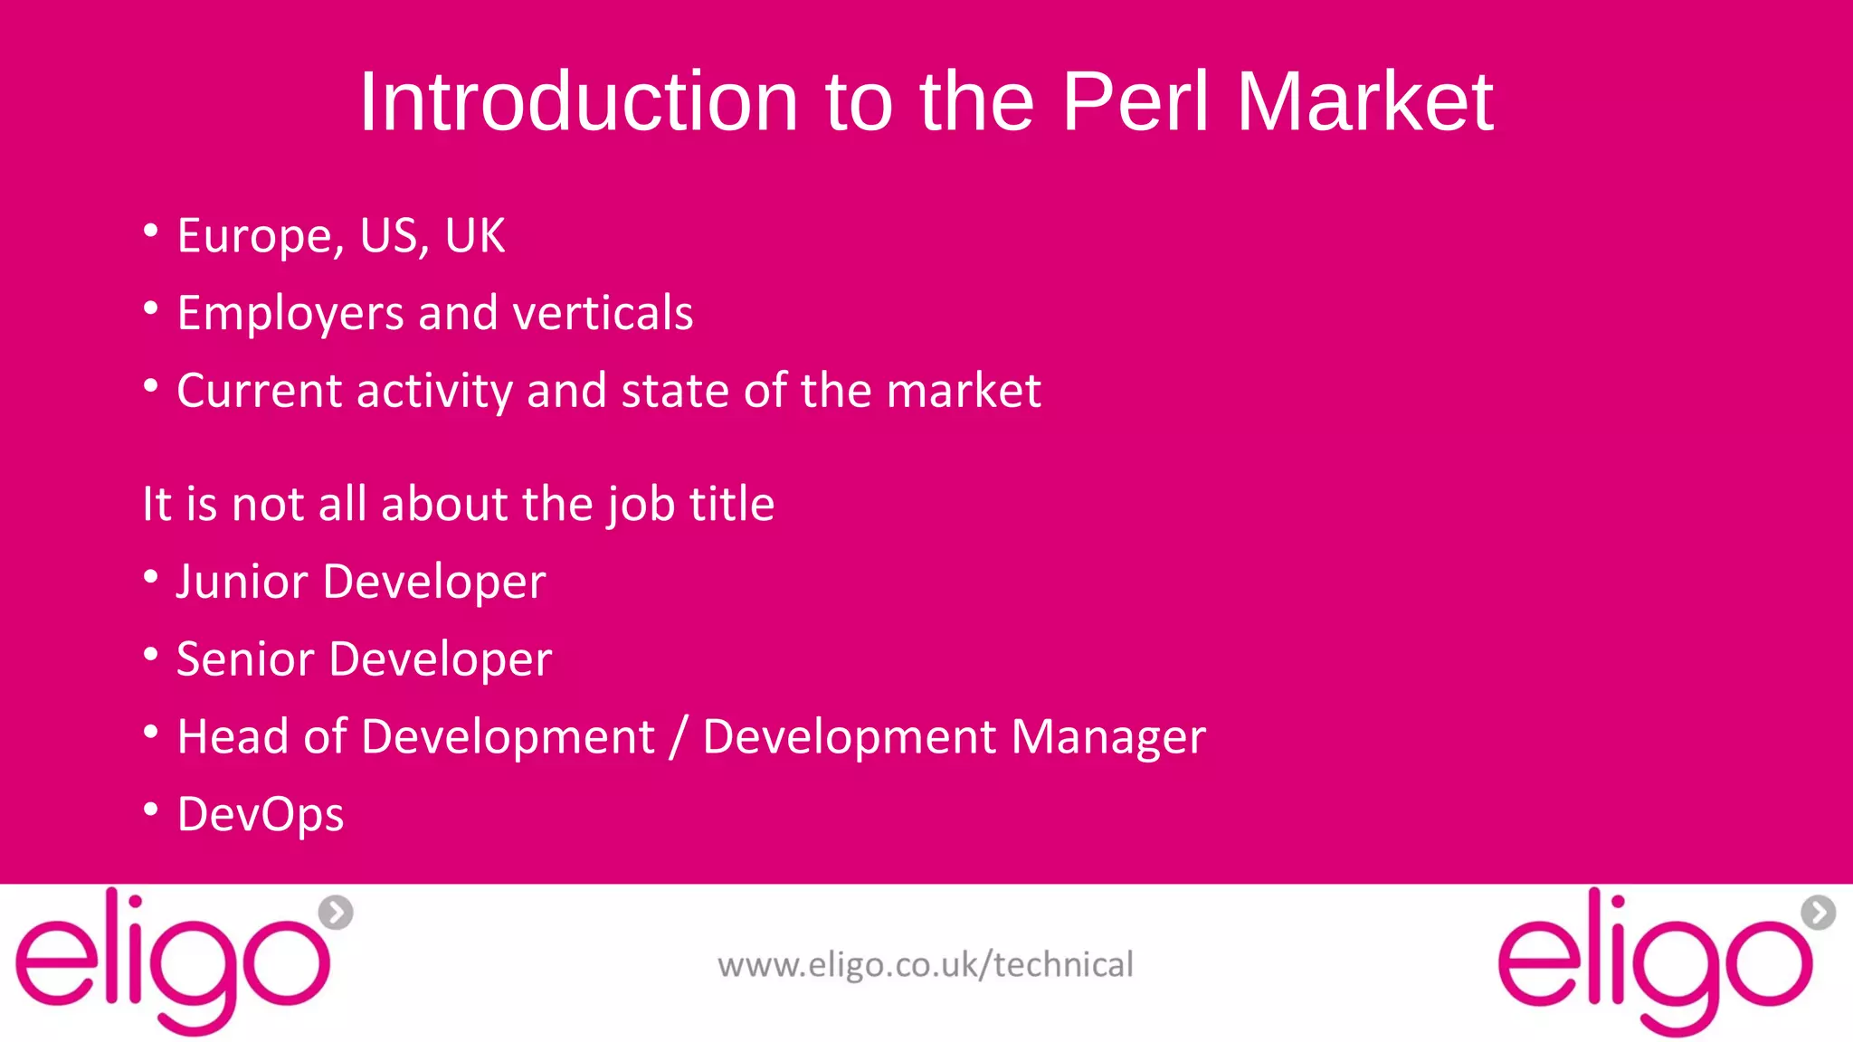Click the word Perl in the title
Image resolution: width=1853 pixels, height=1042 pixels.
tap(1135, 101)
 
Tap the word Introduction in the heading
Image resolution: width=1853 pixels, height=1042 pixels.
tap(579, 101)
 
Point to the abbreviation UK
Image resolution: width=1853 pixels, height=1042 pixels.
tap(474, 236)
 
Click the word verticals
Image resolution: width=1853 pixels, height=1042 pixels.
tap(603, 313)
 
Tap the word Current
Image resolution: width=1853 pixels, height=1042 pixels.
tap(259, 391)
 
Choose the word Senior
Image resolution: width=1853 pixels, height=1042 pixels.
tap(244, 658)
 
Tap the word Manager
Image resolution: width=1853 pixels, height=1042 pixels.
tap(1108, 737)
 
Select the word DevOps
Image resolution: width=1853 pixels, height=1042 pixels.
tap(261, 814)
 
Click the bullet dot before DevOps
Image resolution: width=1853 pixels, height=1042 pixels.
tap(151, 808)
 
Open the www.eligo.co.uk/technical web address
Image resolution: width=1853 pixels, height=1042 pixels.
tap(925, 965)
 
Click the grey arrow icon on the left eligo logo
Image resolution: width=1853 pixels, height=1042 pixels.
tap(336, 912)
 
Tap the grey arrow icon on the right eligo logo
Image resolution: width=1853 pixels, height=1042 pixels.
tap(1818, 912)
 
